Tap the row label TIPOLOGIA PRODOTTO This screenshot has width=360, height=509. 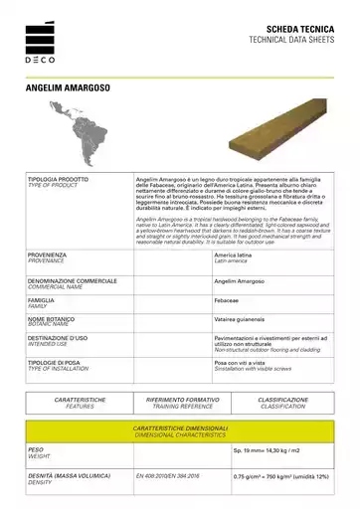point(58,179)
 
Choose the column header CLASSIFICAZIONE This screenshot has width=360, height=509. point(282,399)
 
